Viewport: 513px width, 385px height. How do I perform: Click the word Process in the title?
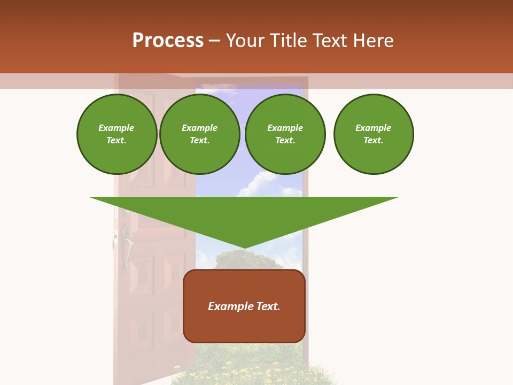click(x=168, y=41)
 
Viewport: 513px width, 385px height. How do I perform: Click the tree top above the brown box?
click(x=246, y=259)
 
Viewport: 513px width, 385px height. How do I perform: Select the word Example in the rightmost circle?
click(x=373, y=128)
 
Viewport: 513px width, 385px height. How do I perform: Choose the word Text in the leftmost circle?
click(x=116, y=141)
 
